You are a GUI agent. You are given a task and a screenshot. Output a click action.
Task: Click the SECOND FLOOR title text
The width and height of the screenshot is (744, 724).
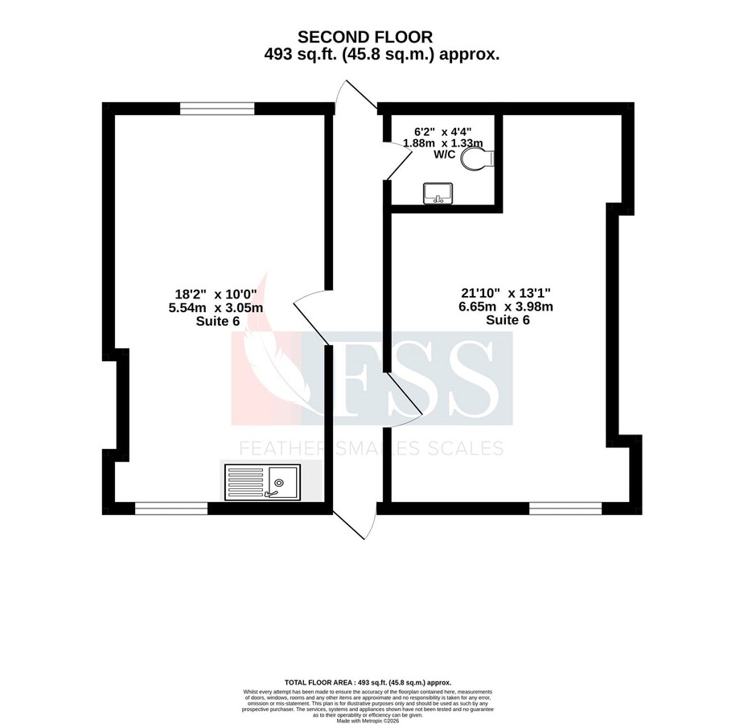[364, 36]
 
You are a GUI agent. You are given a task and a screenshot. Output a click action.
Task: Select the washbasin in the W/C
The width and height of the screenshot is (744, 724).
[438, 193]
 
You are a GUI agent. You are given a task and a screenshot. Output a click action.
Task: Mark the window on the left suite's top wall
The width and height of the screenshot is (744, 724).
[217, 108]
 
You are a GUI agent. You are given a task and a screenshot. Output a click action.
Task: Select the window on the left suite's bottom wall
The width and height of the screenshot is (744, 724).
[171, 508]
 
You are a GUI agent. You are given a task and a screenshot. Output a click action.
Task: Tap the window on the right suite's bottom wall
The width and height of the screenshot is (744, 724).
[565, 508]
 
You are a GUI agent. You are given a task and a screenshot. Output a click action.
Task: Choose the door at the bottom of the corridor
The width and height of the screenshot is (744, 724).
[354, 523]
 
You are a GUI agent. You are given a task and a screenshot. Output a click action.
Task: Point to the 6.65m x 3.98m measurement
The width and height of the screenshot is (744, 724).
[507, 306]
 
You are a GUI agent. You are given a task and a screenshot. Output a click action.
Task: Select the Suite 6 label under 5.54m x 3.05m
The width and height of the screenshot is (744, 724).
[218, 321]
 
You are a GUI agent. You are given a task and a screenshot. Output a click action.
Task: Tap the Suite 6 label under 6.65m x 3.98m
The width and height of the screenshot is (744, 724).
[507, 319]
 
